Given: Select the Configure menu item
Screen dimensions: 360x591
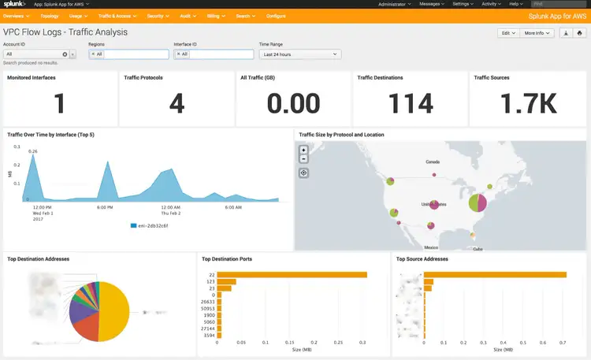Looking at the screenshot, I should click(x=276, y=16).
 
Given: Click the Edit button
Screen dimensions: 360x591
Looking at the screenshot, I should click(x=507, y=33).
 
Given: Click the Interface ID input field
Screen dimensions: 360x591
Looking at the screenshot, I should click(x=221, y=54).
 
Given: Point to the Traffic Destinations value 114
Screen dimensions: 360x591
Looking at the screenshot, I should click(x=411, y=103).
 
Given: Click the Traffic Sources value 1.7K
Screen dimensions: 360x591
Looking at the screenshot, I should click(x=527, y=103).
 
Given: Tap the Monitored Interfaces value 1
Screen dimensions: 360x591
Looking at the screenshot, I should click(x=60, y=103).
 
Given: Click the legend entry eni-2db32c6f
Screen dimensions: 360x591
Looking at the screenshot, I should click(x=151, y=225).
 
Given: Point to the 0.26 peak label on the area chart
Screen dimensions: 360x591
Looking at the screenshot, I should click(x=32, y=150).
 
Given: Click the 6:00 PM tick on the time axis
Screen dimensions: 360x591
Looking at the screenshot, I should click(x=105, y=207).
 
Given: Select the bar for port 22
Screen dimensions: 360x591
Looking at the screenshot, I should click(x=292, y=274).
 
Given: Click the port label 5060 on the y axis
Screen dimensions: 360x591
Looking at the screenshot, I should click(x=210, y=321).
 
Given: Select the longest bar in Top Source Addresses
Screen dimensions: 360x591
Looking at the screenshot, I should click(x=495, y=274).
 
